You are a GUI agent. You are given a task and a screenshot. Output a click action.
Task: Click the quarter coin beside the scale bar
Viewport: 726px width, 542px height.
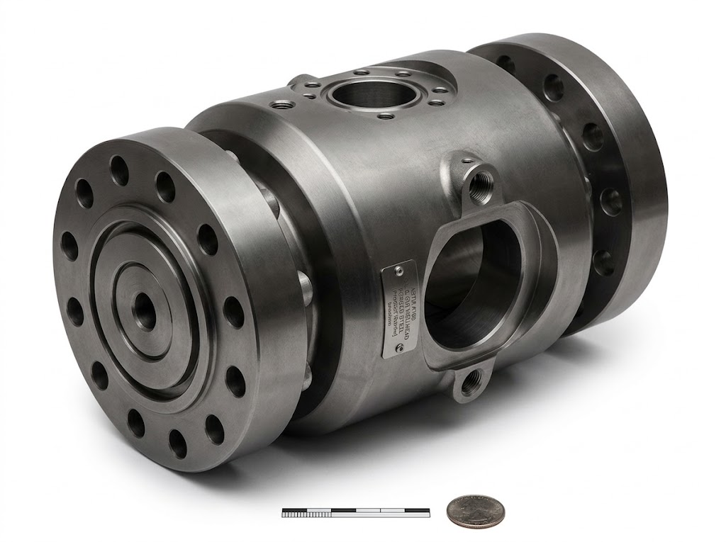(x=475, y=511)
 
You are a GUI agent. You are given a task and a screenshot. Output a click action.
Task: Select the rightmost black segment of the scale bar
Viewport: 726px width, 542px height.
(x=416, y=509)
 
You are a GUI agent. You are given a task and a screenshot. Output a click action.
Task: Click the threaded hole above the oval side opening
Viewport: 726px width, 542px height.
(x=481, y=174)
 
